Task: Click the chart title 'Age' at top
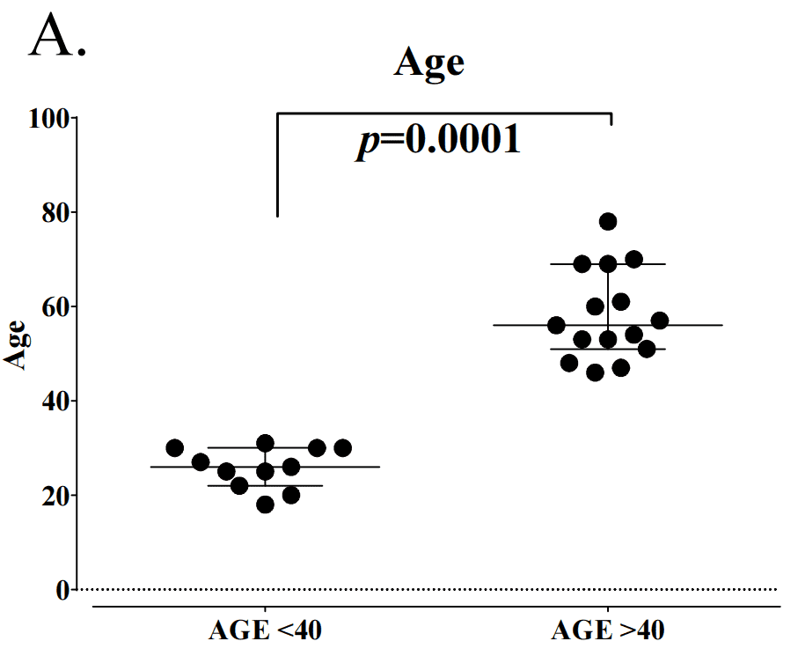(429, 64)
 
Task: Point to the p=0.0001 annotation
(438, 140)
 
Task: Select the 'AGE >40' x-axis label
(608, 630)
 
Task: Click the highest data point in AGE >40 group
(608, 221)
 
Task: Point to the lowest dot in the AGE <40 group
(265, 505)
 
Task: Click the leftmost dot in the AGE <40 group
(174, 448)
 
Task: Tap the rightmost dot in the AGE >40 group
(660, 321)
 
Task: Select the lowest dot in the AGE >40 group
(595, 372)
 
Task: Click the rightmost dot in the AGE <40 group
(343, 448)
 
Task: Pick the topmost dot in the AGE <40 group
(265, 443)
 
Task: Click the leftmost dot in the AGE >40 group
(556, 325)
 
